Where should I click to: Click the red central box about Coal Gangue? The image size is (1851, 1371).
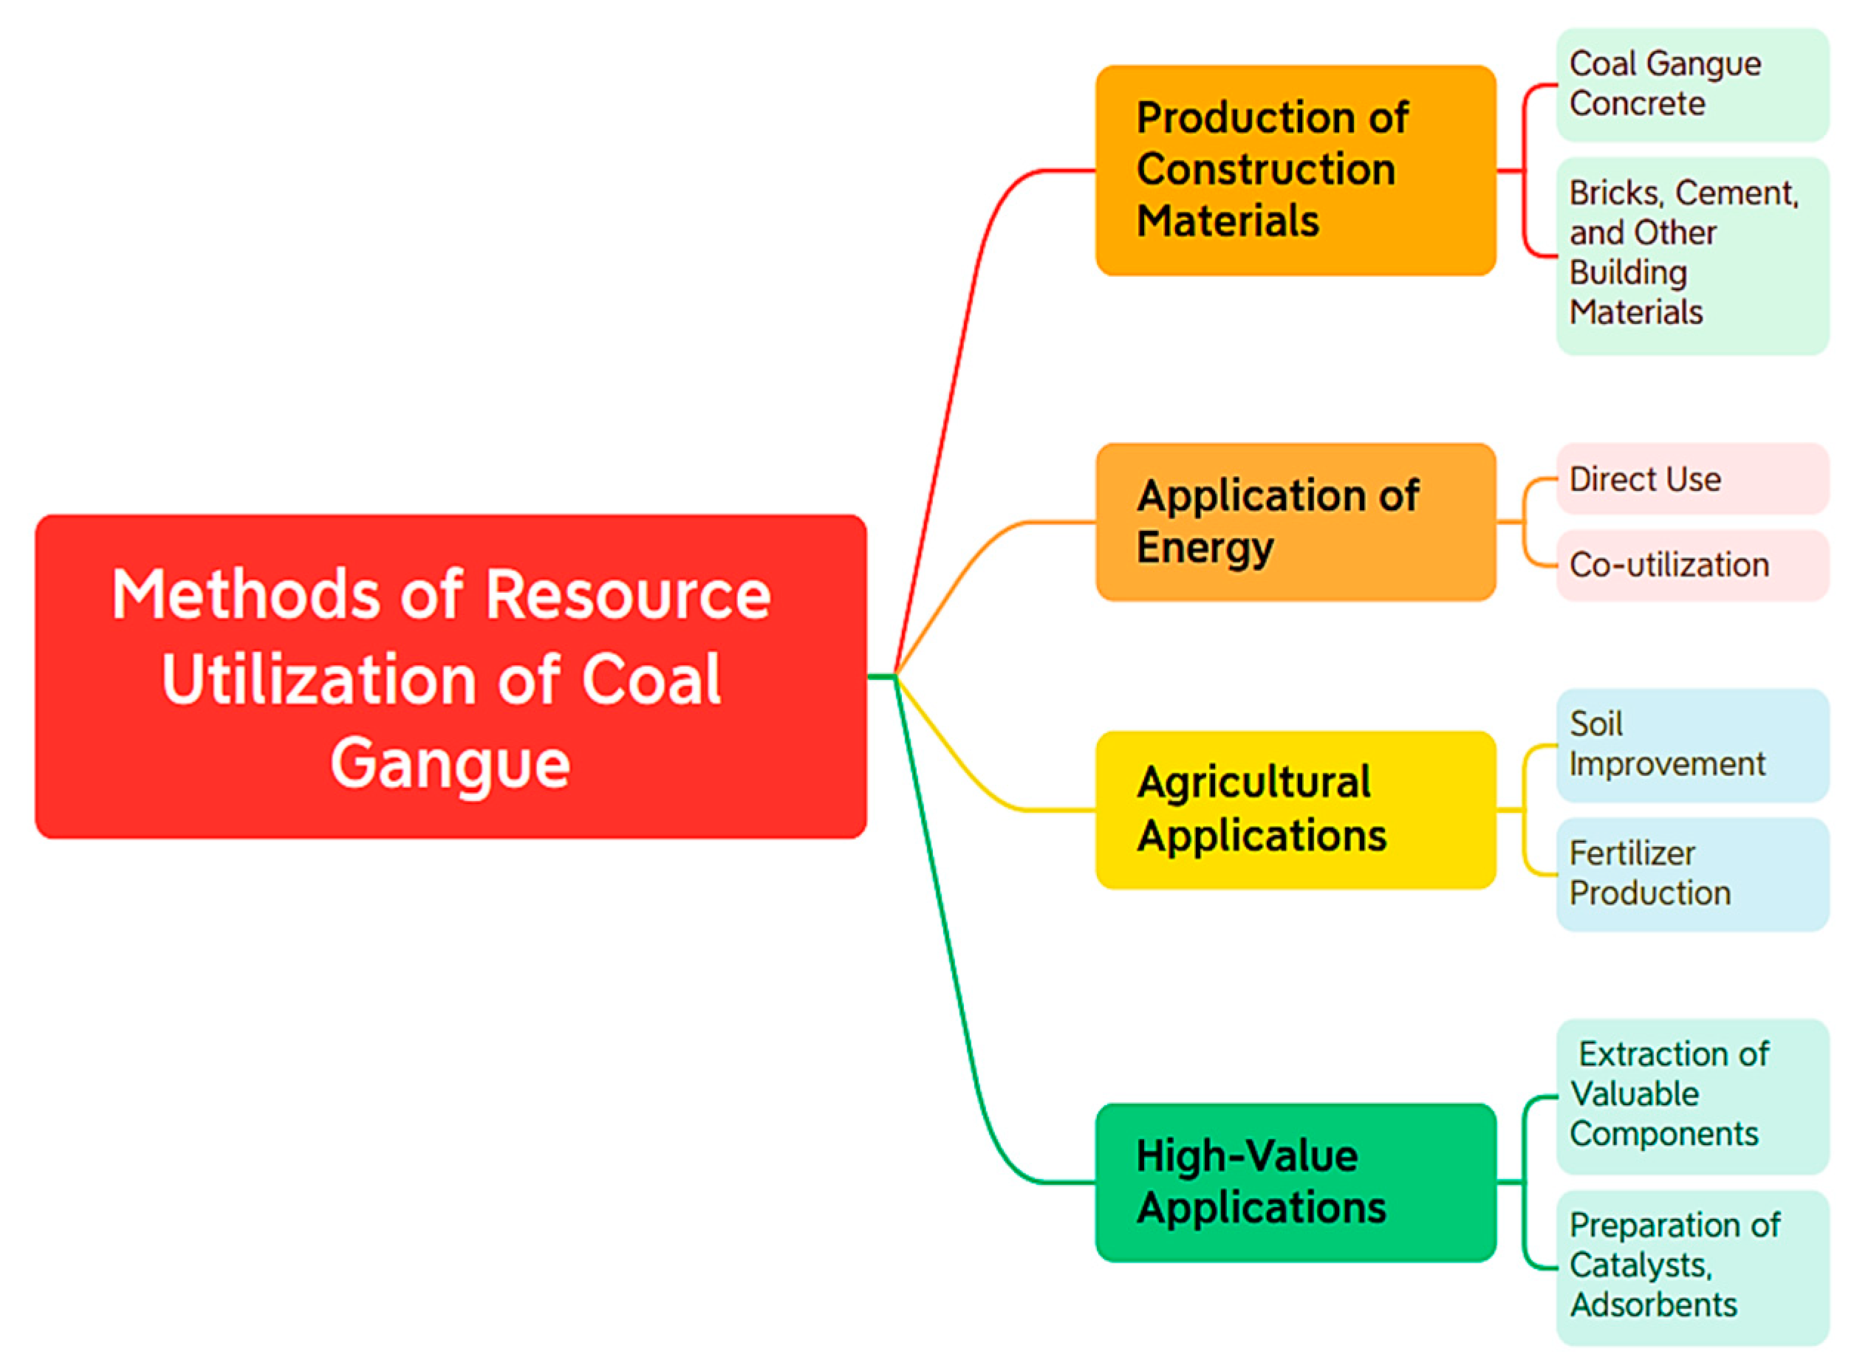(451, 676)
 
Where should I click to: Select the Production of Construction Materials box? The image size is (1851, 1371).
(1295, 170)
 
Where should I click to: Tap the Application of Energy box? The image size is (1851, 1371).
(1295, 521)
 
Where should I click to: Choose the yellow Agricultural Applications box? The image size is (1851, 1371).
(1295, 809)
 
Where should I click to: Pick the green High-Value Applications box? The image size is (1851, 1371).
(1295, 1182)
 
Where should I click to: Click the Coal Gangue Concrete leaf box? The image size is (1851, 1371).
(1691, 85)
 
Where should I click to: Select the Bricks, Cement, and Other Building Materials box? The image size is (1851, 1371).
(1691, 255)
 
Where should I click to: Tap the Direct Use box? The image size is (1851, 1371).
(1691, 479)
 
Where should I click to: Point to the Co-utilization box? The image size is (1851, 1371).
(1691, 566)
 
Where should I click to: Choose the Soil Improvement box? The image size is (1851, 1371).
(1691, 744)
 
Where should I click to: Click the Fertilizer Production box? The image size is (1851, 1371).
(1691, 874)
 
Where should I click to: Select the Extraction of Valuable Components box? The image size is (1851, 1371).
(1691, 1096)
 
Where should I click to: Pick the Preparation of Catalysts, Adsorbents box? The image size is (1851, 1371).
(1691, 1266)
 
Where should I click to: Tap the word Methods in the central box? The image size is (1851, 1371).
(245, 595)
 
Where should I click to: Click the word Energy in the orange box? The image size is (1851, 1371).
(1205, 548)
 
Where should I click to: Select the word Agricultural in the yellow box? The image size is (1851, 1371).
(1253, 783)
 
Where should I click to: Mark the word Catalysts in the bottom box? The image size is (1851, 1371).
(1639, 1265)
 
